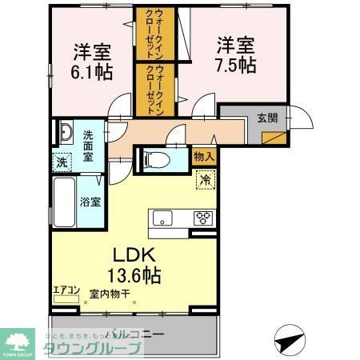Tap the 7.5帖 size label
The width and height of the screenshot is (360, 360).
pyautogui.click(x=234, y=66)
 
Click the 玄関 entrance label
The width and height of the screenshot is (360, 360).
pyautogui.click(x=267, y=117)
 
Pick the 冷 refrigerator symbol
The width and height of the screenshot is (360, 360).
pyautogui.click(x=206, y=180)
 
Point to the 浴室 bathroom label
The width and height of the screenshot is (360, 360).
pyautogui.click(x=90, y=202)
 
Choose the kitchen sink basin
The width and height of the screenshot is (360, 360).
pyautogui.click(x=162, y=216)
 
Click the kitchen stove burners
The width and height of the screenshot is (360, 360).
pyautogui.click(x=203, y=216)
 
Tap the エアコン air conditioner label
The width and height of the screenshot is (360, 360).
pyautogui.click(x=66, y=290)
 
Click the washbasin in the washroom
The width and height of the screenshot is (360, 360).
pyautogui.click(x=65, y=132)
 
